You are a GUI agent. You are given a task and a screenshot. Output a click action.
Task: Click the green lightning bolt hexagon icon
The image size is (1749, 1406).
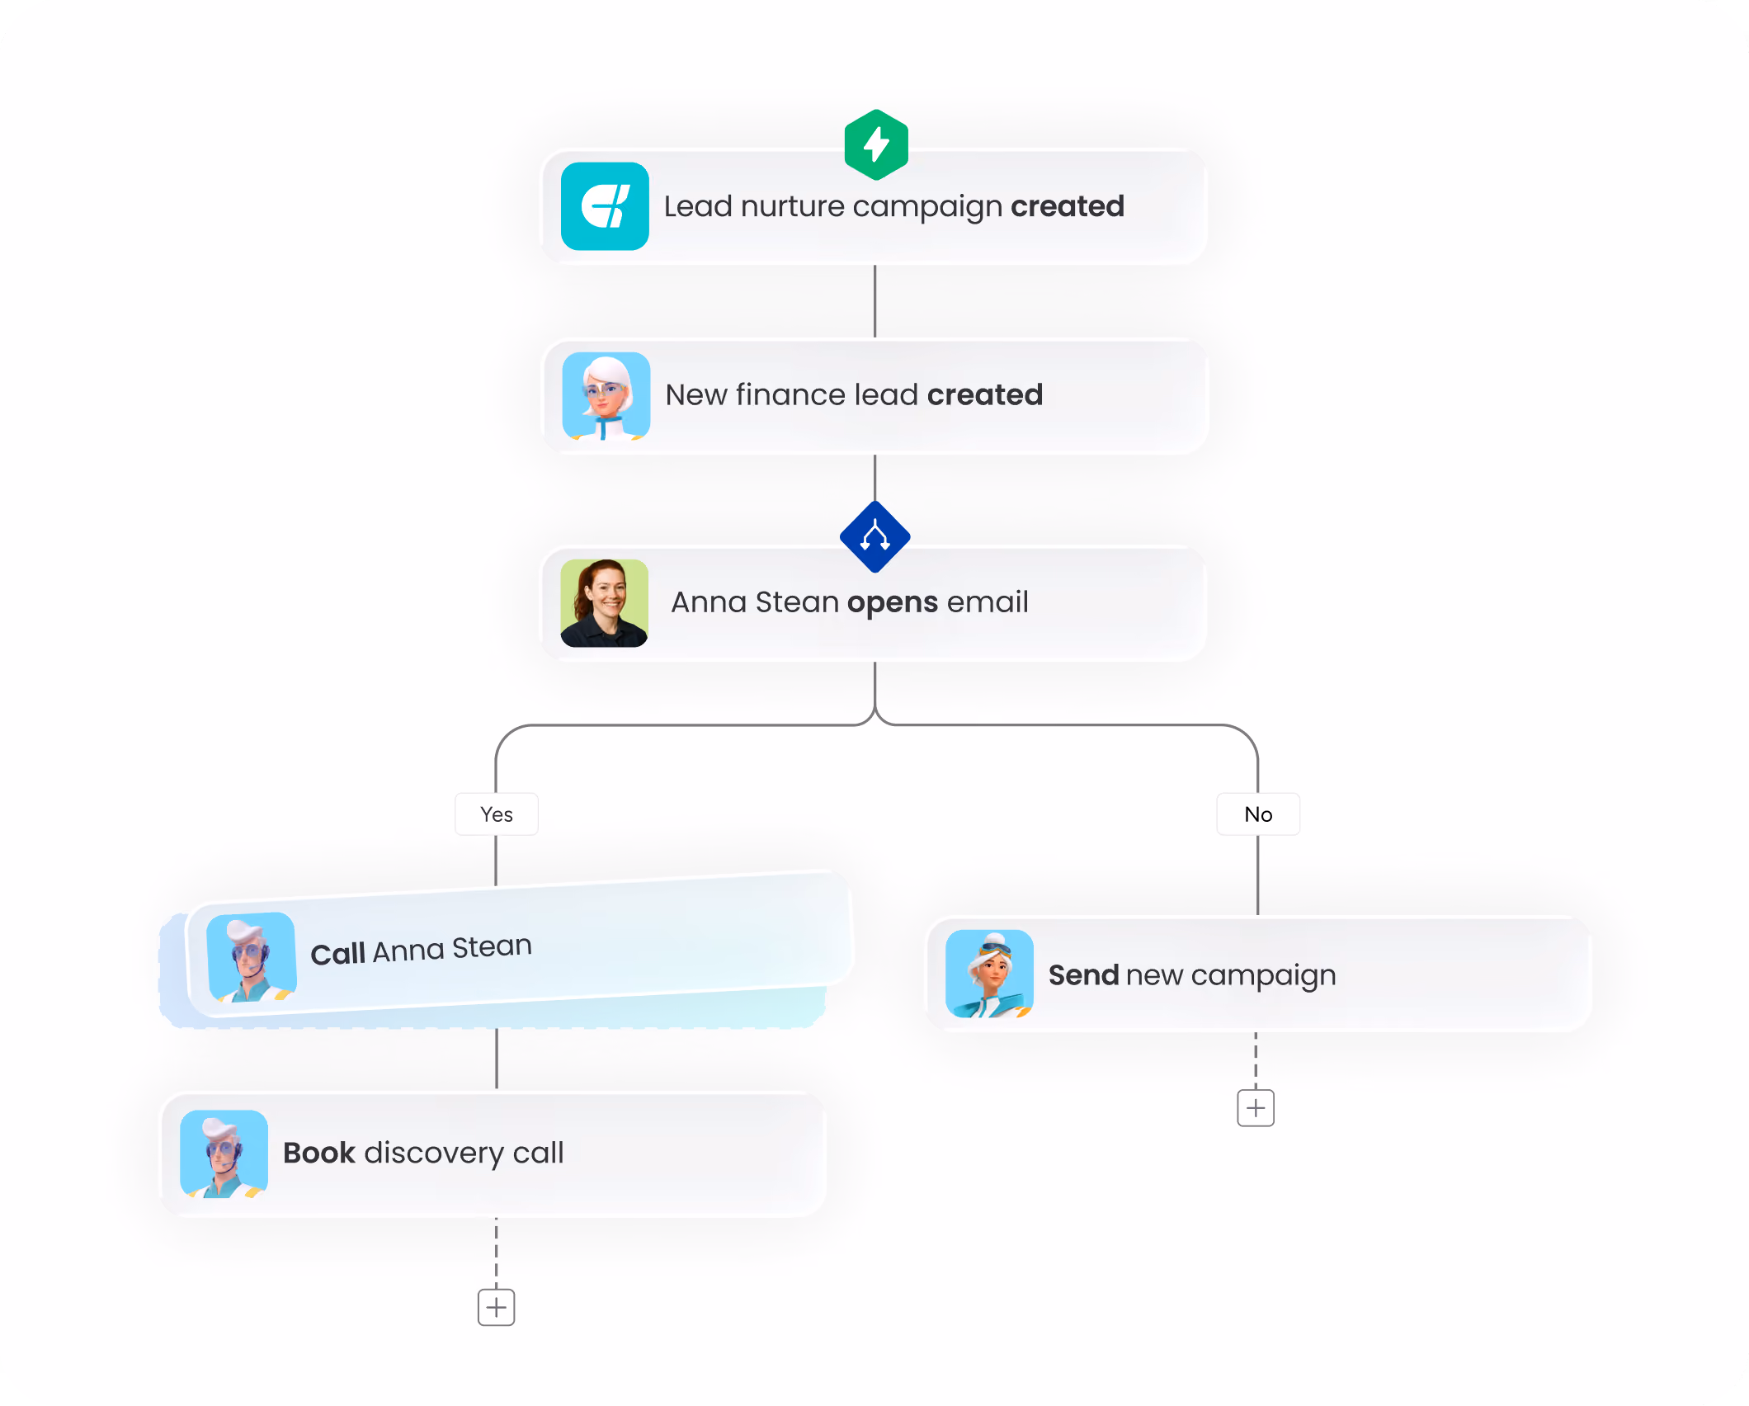876,144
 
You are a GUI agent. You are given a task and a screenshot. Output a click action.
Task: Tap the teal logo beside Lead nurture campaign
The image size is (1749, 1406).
605,206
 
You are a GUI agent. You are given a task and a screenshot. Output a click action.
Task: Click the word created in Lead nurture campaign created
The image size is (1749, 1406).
1068,205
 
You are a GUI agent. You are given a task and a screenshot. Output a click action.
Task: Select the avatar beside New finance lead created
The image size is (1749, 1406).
606,396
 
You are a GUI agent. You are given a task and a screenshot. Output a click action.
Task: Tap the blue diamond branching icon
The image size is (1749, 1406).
875,536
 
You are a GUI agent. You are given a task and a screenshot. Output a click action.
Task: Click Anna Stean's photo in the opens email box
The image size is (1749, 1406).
604,603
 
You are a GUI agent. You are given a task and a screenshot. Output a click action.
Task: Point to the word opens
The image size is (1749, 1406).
893,603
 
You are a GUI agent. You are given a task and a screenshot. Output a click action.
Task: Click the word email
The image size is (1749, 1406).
988,602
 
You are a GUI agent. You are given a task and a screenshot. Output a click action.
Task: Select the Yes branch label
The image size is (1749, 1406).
497,814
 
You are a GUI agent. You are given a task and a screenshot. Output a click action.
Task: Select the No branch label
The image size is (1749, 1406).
1258,814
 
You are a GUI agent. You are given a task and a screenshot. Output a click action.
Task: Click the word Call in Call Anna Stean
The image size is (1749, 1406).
338,954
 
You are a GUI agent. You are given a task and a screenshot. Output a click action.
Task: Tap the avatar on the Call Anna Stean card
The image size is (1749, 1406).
252,957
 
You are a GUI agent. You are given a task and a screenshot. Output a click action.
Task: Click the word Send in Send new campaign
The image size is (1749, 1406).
1084,975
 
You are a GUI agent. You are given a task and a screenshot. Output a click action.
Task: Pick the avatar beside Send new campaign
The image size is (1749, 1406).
989,974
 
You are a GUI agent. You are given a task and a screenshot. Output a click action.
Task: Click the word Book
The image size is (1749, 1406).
319,1153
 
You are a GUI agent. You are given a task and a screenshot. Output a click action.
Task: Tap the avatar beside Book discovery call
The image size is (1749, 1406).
224,1154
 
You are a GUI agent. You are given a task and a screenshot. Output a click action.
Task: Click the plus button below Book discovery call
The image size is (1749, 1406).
497,1307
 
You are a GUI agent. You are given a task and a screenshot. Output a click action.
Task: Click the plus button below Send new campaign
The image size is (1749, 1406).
1256,1107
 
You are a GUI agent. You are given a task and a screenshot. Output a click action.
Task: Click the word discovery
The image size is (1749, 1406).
434,1154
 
